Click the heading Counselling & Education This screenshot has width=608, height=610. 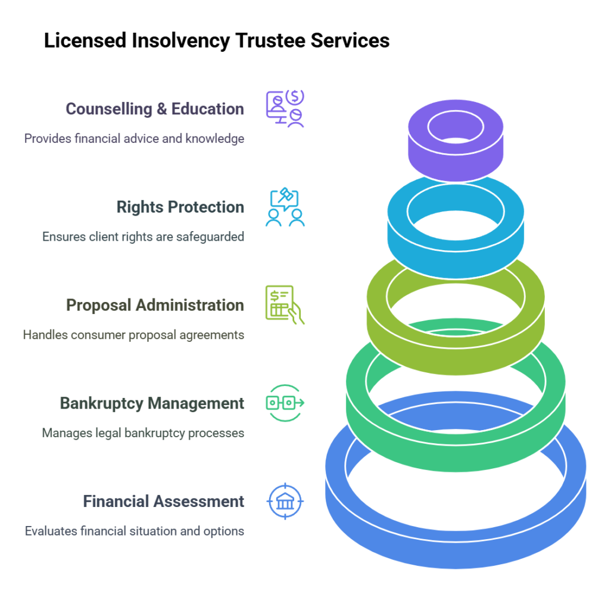click(x=154, y=109)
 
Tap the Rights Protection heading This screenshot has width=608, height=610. click(x=180, y=207)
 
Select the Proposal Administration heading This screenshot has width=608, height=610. click(x=154, y=305)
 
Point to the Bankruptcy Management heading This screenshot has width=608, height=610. click(x=152, y=403)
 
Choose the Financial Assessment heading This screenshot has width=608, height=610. click(x=163, y=502)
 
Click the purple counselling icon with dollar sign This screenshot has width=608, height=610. click(x=285, y=109)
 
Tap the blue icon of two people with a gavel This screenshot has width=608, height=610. click(x=285, y=207)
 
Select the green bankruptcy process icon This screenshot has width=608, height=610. click(x=285, y=403)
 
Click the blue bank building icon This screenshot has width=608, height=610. click(x=285, y=502)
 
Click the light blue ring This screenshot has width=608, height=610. click(x=456, y=250)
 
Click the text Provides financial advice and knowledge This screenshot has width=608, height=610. click(x=134, y=138)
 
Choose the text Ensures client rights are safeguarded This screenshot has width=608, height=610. click(x=143, y=236)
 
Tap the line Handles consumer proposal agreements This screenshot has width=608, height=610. click(x=133, y=335)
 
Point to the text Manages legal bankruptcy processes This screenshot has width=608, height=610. click(x=143, y=433)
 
